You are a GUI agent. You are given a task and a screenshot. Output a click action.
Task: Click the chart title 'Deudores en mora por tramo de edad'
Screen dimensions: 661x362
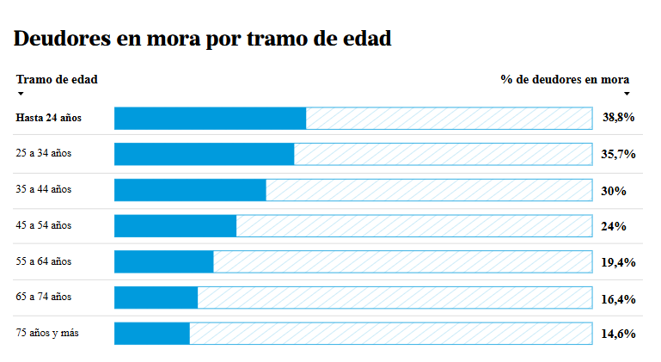coord(202,39)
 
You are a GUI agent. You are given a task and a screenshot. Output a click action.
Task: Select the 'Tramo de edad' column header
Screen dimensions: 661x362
coord(57,79)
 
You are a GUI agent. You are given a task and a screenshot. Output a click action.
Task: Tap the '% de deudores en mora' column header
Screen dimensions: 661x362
coord(565,79)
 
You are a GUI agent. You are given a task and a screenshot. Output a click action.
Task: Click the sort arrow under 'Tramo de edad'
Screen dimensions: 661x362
coord(21,94)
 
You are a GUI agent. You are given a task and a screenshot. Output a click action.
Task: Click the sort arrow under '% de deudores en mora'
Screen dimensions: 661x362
coord(627,94)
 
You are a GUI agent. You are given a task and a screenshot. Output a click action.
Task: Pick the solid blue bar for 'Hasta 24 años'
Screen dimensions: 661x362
coord(210,118)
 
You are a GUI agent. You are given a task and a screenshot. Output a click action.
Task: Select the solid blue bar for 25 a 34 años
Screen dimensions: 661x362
coord(204,154)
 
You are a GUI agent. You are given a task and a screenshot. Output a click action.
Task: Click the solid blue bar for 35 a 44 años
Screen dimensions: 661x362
coord(190,190)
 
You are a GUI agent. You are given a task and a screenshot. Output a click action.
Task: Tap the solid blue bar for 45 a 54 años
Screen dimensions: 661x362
coord(175,226)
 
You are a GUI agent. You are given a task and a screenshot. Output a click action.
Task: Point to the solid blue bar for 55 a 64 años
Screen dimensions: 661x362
coord(164,261)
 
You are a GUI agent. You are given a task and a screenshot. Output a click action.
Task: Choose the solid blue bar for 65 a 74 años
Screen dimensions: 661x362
coord(156,298)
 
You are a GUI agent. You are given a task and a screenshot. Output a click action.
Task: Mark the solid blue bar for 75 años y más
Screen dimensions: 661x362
coord(152,334)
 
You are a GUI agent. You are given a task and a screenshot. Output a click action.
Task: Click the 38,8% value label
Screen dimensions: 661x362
coord(618,117)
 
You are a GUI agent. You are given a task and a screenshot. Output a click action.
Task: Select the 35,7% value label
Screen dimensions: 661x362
coord(618,154)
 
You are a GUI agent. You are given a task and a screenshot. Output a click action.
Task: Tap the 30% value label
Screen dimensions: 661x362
coord(614,191)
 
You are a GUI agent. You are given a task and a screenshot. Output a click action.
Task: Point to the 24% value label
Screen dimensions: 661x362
coord(614,226)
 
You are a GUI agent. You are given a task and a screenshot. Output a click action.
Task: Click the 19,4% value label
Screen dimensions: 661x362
coord(618,262)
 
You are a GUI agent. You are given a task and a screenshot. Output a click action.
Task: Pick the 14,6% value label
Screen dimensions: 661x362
coord(618,334)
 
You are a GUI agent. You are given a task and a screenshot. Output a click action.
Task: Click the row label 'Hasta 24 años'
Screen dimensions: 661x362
coord(48,118)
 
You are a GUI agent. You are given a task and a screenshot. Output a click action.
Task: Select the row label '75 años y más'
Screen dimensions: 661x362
coord(47,333)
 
